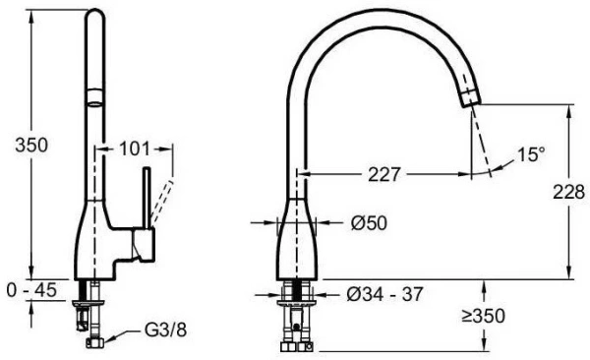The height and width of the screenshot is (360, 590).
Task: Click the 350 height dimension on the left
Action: [x=31, y=146]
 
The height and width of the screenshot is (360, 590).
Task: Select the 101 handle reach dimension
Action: [x=135, y=149]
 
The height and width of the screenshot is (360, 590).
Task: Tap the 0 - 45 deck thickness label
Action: [x=31, y=290]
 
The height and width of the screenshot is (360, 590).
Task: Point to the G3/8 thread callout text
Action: [x=165, y=330]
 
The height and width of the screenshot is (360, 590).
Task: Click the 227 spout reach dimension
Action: [x=383, y=174]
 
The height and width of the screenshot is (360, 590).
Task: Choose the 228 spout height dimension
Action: [x=568, y=192]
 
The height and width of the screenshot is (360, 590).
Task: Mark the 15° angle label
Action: [x=531, y=154]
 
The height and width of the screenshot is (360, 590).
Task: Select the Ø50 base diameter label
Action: [x=369, y=223]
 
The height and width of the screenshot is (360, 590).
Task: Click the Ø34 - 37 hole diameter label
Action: [x=384, y=294]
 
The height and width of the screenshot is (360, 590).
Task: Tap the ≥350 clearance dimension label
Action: [x=483, y=316]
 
